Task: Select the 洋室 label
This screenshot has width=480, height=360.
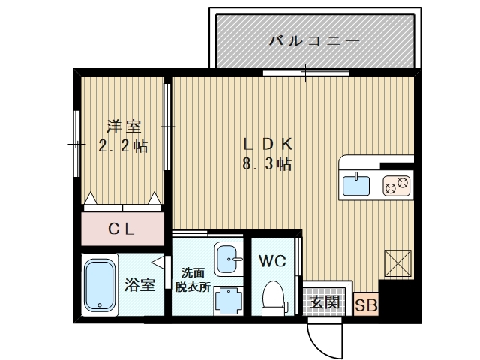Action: (123, 127)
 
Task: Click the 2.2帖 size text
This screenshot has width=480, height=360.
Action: (123, 146)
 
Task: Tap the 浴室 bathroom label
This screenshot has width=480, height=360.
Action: (139, 284)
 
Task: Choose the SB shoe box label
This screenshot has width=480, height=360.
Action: (366, 304)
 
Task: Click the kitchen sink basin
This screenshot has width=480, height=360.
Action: (358, 184)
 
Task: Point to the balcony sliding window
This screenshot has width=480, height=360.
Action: (306, 73)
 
